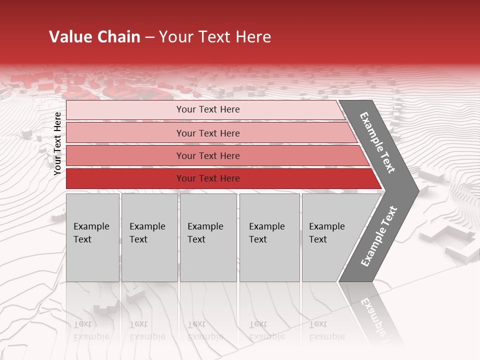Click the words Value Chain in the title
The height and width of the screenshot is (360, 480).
[x=94, y=37]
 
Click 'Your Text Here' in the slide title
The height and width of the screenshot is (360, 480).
[x=215, y=37]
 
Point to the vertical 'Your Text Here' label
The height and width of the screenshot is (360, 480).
[x=57, y=143]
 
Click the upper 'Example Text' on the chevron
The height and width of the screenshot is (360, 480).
[x=377, y=142]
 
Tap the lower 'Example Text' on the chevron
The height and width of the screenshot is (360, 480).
[x=379, y=236]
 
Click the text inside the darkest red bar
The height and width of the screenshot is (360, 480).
[x=208, y=178]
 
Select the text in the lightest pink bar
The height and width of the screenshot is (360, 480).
[x=208, y=109]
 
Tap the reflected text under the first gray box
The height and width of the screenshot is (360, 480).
[x=91, y=330]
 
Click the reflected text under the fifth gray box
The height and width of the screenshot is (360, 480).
[x=326, y=330]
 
